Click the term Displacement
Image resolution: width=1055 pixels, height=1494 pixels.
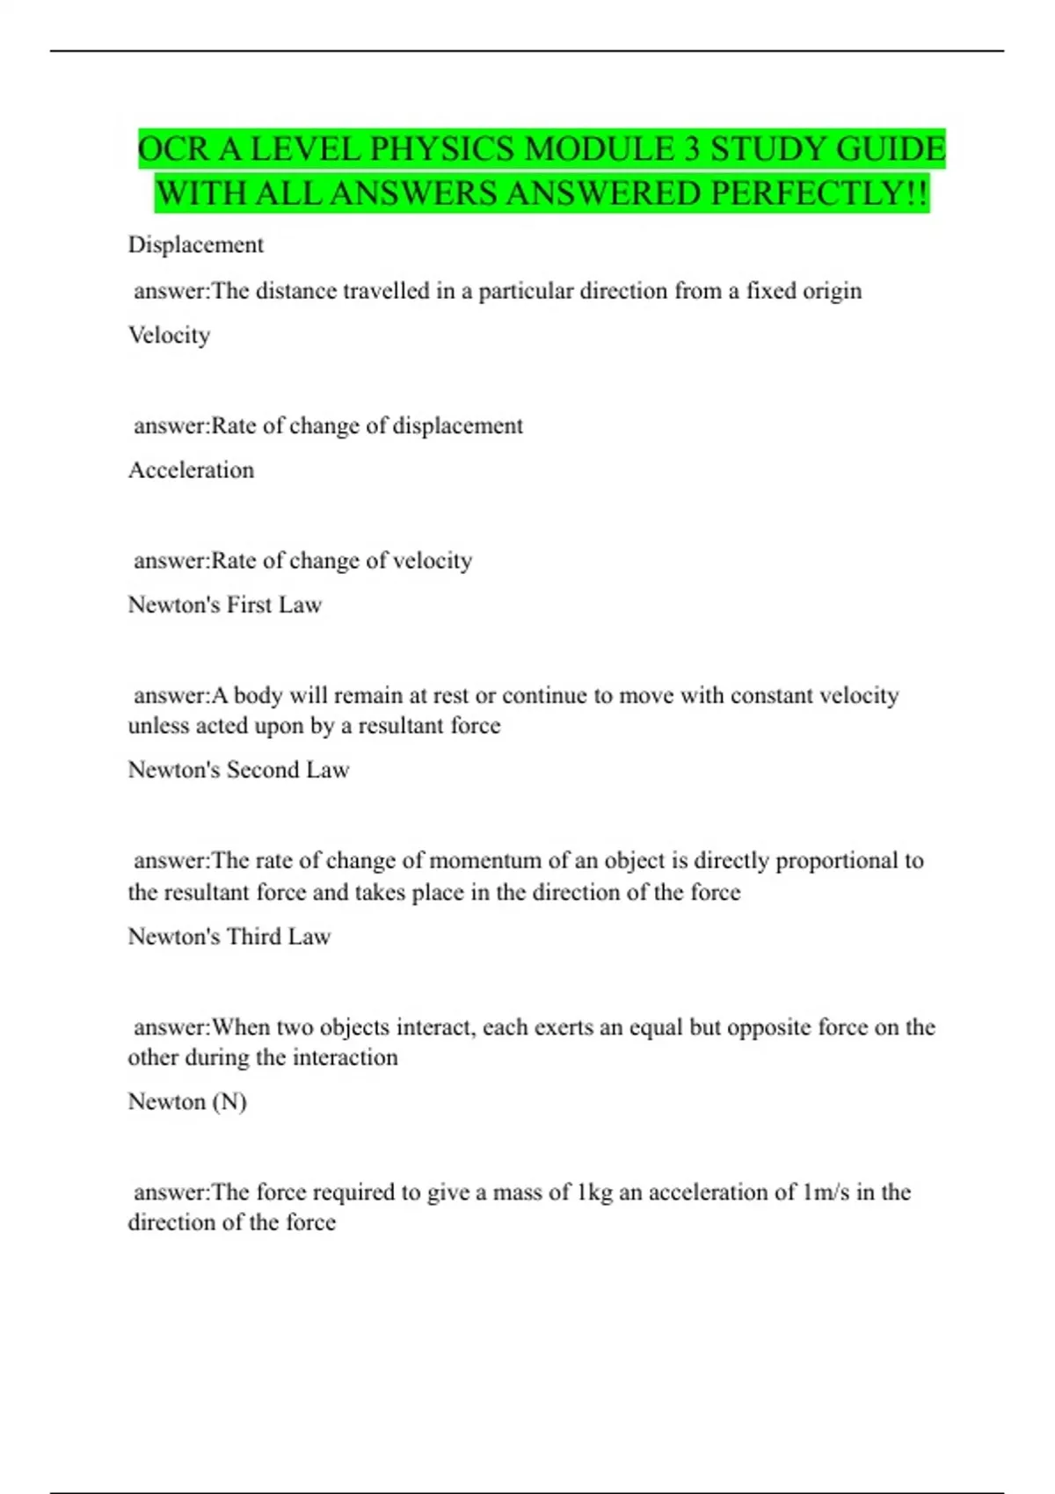point(195,244)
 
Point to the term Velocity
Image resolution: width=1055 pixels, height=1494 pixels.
point(169,335)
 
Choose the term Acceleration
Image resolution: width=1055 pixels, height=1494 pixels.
point(191,470)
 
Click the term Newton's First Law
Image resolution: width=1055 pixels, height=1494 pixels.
point(225,605)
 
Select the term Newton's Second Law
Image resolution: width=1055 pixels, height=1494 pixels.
point(238,770)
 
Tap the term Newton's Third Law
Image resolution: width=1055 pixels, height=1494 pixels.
point(229,937)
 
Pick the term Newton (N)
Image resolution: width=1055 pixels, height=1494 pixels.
point(187,1101)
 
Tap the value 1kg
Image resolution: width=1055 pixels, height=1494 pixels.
point(594,1193)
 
